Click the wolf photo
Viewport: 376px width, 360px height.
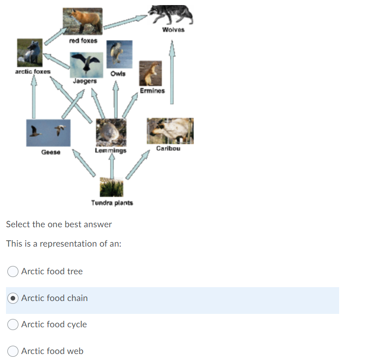pyautogui.click(x=171, y=15)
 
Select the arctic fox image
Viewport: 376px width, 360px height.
pyautogui.click(x=29, y=52)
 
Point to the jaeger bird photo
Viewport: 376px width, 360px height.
pyautogui.click(x=85, y=64)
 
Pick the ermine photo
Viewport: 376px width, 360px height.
pyautogui.click(x=151, y=73)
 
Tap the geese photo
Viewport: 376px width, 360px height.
pyautogui.click(x=48, y=133)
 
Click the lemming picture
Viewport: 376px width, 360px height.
pyautogui.click(x=111, y=132)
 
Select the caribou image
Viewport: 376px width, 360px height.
pyautogui.click(x=170, y=130)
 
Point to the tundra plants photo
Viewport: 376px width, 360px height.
pyautogui.click(x=112, y=187)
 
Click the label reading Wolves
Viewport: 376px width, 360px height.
pyautogui.click(x=173, y=30)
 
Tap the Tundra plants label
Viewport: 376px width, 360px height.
pyautogui.click(x=112, y=203)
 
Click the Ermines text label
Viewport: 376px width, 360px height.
pyautogui.click(x=153, y=91)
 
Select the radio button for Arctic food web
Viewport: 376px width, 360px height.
pyautogui.click(x=13, y=351)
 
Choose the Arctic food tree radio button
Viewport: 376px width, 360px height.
pyautogui.click(x=13, y=271)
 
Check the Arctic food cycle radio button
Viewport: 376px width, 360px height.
pyautogui.click(x=13, y=325)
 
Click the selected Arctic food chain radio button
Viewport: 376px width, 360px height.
pyautogui.click(x=13, y=298)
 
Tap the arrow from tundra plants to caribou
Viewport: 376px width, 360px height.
pyautogui.click(x=138, y=164)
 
